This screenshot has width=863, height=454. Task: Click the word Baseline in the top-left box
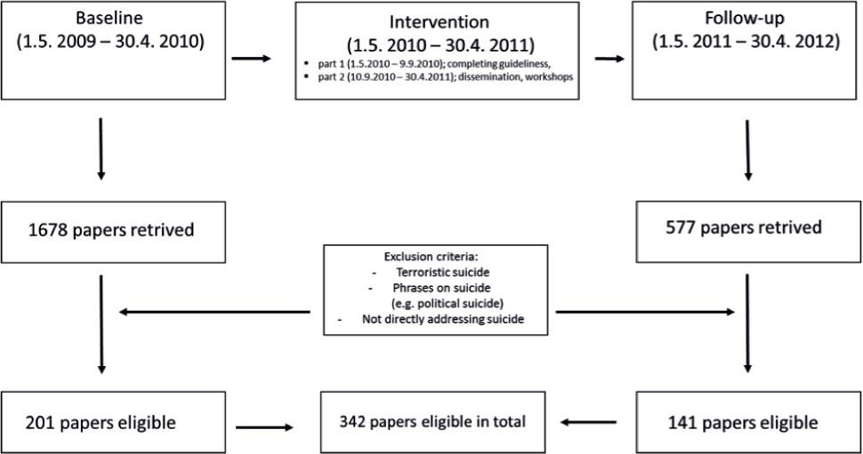109,18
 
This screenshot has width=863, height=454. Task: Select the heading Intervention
440,22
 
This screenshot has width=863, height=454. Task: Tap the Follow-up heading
745,18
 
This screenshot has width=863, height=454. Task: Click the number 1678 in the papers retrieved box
48,229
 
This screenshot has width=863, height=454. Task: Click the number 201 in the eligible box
40,423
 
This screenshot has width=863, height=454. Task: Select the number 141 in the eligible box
682,423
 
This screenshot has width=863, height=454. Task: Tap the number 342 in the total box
351,421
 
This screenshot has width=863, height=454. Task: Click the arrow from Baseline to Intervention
252,59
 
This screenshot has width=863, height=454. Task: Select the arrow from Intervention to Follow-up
609,59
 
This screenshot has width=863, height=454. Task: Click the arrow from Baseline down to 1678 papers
101,149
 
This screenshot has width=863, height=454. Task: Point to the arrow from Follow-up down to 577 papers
747,150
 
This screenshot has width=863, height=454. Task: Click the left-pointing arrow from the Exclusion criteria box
214,312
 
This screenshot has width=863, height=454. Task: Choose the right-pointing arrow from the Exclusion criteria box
645,312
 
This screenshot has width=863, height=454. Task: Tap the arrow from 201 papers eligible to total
265,427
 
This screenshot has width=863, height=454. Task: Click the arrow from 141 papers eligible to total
588,422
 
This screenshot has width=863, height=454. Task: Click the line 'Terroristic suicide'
442,272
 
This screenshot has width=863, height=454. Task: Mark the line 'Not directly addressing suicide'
443,319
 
